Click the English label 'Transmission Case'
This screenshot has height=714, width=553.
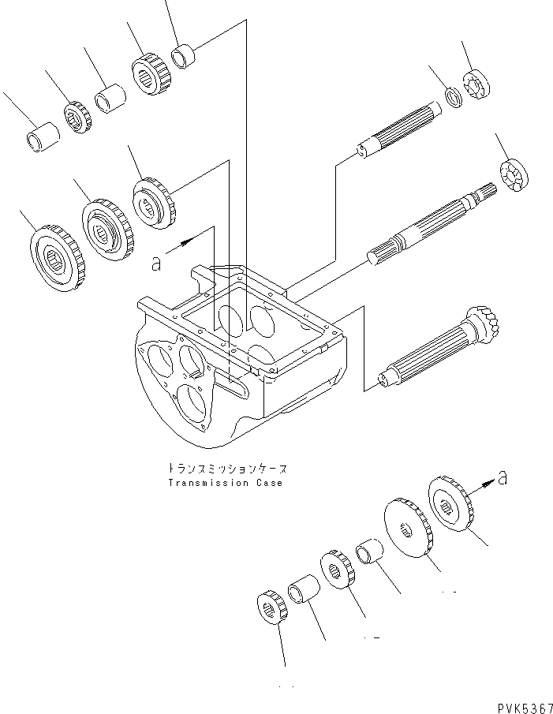click(x=224, y=482)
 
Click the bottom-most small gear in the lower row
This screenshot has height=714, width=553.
click(x=271, y=607)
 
